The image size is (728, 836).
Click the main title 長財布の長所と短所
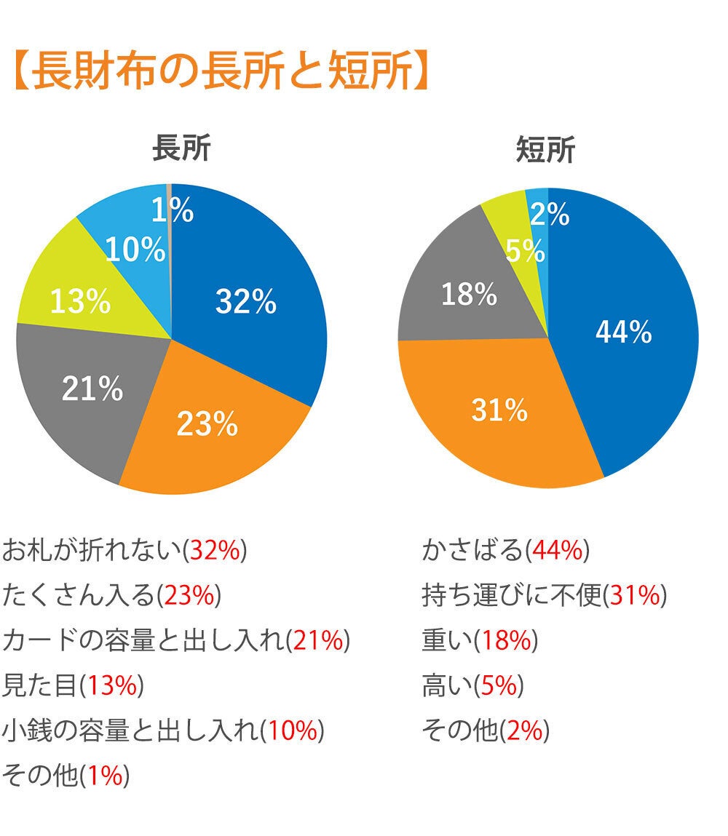pyautogui.click(x=219, y=71)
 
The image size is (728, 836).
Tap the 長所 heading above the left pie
pyautogui.click(x=181, y=149)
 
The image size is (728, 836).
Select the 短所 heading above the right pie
pyautogui.click(x=545, y=150)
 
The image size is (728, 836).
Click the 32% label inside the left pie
pyautogui.click(x=246, y=301)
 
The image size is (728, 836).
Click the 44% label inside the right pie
pyautogui.click(x=623, y=332)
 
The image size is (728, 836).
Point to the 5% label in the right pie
pyautogui.click(x=525, y=252)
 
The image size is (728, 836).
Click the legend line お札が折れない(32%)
pyautogui.click(x=124, y=551)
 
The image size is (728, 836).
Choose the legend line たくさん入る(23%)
pyautogui.click(x=111, y=596)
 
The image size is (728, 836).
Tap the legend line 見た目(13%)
pyautogui.click(x=73, y=685)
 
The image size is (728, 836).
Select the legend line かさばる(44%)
pyautogui.click(x=505, y=551)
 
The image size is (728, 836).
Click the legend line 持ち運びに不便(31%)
pyautogui.click(x=544, y=596)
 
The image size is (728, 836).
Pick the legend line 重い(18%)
pyautogui.click(x=479, y=640)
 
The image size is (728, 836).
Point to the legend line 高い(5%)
pyautogui.click(x=472, y=685)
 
